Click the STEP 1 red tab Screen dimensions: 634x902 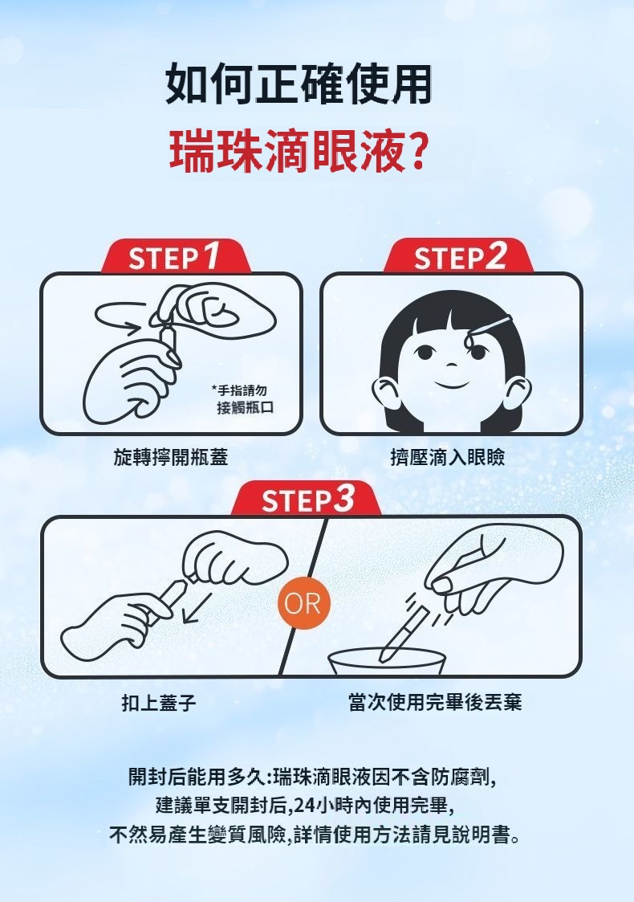(x=176, y=256)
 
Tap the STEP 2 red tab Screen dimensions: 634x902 (x=458, y=256)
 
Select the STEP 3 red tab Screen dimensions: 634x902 (x=306, y=499)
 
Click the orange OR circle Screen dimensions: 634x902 (x=303, y=603)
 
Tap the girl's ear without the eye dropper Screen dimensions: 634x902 (x=386, y=392)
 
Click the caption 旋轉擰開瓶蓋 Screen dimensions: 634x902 (x=171, y=457)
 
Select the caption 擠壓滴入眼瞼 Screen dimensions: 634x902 (x=447, y=457)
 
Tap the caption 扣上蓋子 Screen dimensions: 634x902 (x=159, y=702)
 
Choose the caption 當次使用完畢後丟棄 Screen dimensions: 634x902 (x=435, y=702)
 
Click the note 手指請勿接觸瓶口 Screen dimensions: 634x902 (x=242, y=399)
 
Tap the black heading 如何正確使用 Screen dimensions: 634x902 (x=299, y=84)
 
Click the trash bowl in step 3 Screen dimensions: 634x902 (x=387, y=662)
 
